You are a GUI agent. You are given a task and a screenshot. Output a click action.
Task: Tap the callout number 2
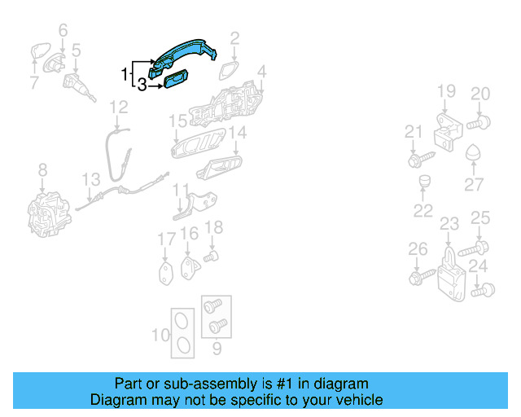pos(234,37)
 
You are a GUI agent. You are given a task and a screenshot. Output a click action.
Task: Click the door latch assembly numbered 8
pos(47,210)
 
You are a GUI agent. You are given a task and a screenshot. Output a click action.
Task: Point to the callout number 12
pos(119,107)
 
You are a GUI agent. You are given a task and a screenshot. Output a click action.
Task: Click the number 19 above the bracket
pos(446,91)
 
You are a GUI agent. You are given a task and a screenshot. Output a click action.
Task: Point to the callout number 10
pos(160,335)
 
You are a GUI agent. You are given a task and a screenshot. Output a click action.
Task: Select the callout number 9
pos(217,351)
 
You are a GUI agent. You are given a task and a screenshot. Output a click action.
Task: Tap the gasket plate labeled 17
pos(166,270)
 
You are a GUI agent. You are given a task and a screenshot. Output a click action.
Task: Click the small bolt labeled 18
pos(212,256)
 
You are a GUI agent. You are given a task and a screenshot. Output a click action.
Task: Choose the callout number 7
pos(33,82)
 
